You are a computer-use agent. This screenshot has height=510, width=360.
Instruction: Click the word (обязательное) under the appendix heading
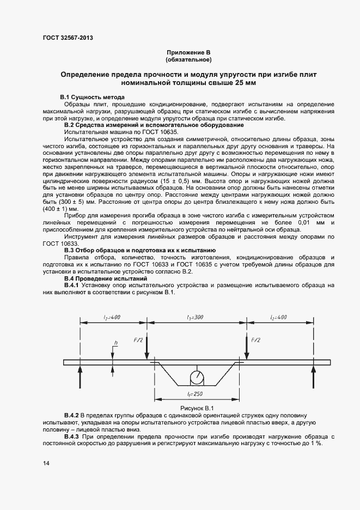pos(188,59)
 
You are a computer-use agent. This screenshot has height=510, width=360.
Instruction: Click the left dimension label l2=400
pos(113,317)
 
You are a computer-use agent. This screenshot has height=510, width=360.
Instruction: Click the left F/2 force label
pos(138,340)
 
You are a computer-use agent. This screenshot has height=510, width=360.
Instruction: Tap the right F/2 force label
pos(255,340)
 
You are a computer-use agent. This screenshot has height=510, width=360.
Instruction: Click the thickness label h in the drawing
pos(116,344)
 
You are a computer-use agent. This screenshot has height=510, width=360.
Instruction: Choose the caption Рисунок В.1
pos(196,408)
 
